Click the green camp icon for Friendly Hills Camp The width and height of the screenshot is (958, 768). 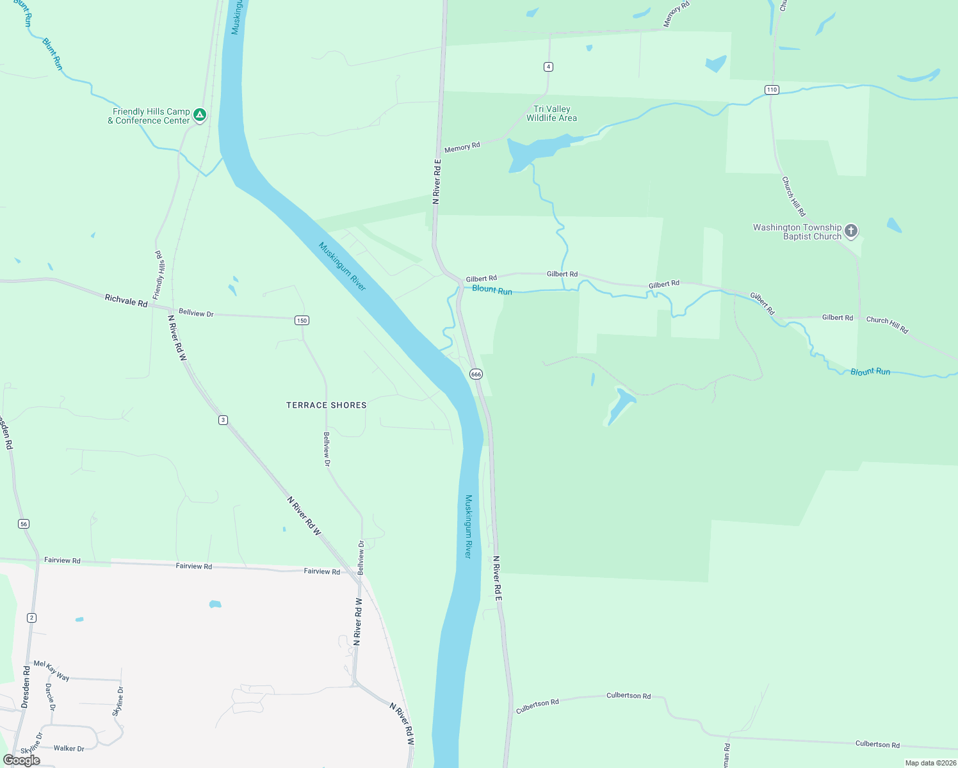pos(200,115)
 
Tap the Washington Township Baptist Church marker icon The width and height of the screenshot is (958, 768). pos(850,230)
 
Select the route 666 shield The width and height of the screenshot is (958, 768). pos(476,374)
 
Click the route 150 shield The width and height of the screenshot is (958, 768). pos(302,320)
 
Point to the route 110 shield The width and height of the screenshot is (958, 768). pos(772,90)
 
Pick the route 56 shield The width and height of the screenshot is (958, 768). pos(24,524)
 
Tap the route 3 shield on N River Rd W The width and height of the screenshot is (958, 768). pos(223,420)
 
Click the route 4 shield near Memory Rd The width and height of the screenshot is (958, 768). pos(548,67)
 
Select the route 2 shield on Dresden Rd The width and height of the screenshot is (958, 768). pos(31,618)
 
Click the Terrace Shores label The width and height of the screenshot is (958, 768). pos(327,405)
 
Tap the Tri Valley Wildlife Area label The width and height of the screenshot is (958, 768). pos(551,113)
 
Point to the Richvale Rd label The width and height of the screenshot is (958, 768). pos(126,300)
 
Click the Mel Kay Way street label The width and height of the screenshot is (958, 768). pos(51,670)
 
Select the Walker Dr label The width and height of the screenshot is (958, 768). pos(69,748)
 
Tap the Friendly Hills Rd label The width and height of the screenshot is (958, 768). pos(159,275)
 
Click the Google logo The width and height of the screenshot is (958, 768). pos(22,760)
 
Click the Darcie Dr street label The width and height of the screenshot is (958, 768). pos(50,697)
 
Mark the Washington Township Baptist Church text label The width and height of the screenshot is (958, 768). pos(797,232)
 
